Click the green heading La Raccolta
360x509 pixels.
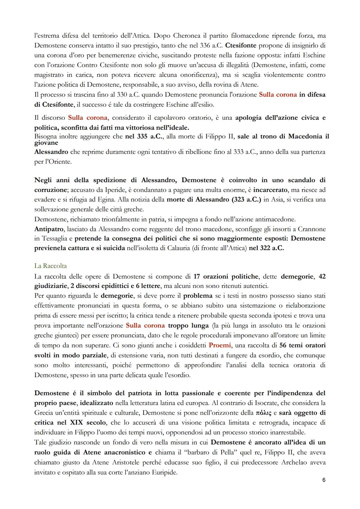click(x=50, y=266)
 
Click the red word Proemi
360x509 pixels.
click(x=220, y=345)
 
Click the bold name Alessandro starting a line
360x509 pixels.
click(x=51, y=152)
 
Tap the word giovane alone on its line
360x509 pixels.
click(x=46, y=143)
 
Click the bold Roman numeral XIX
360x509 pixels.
click(x=77, y=423)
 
